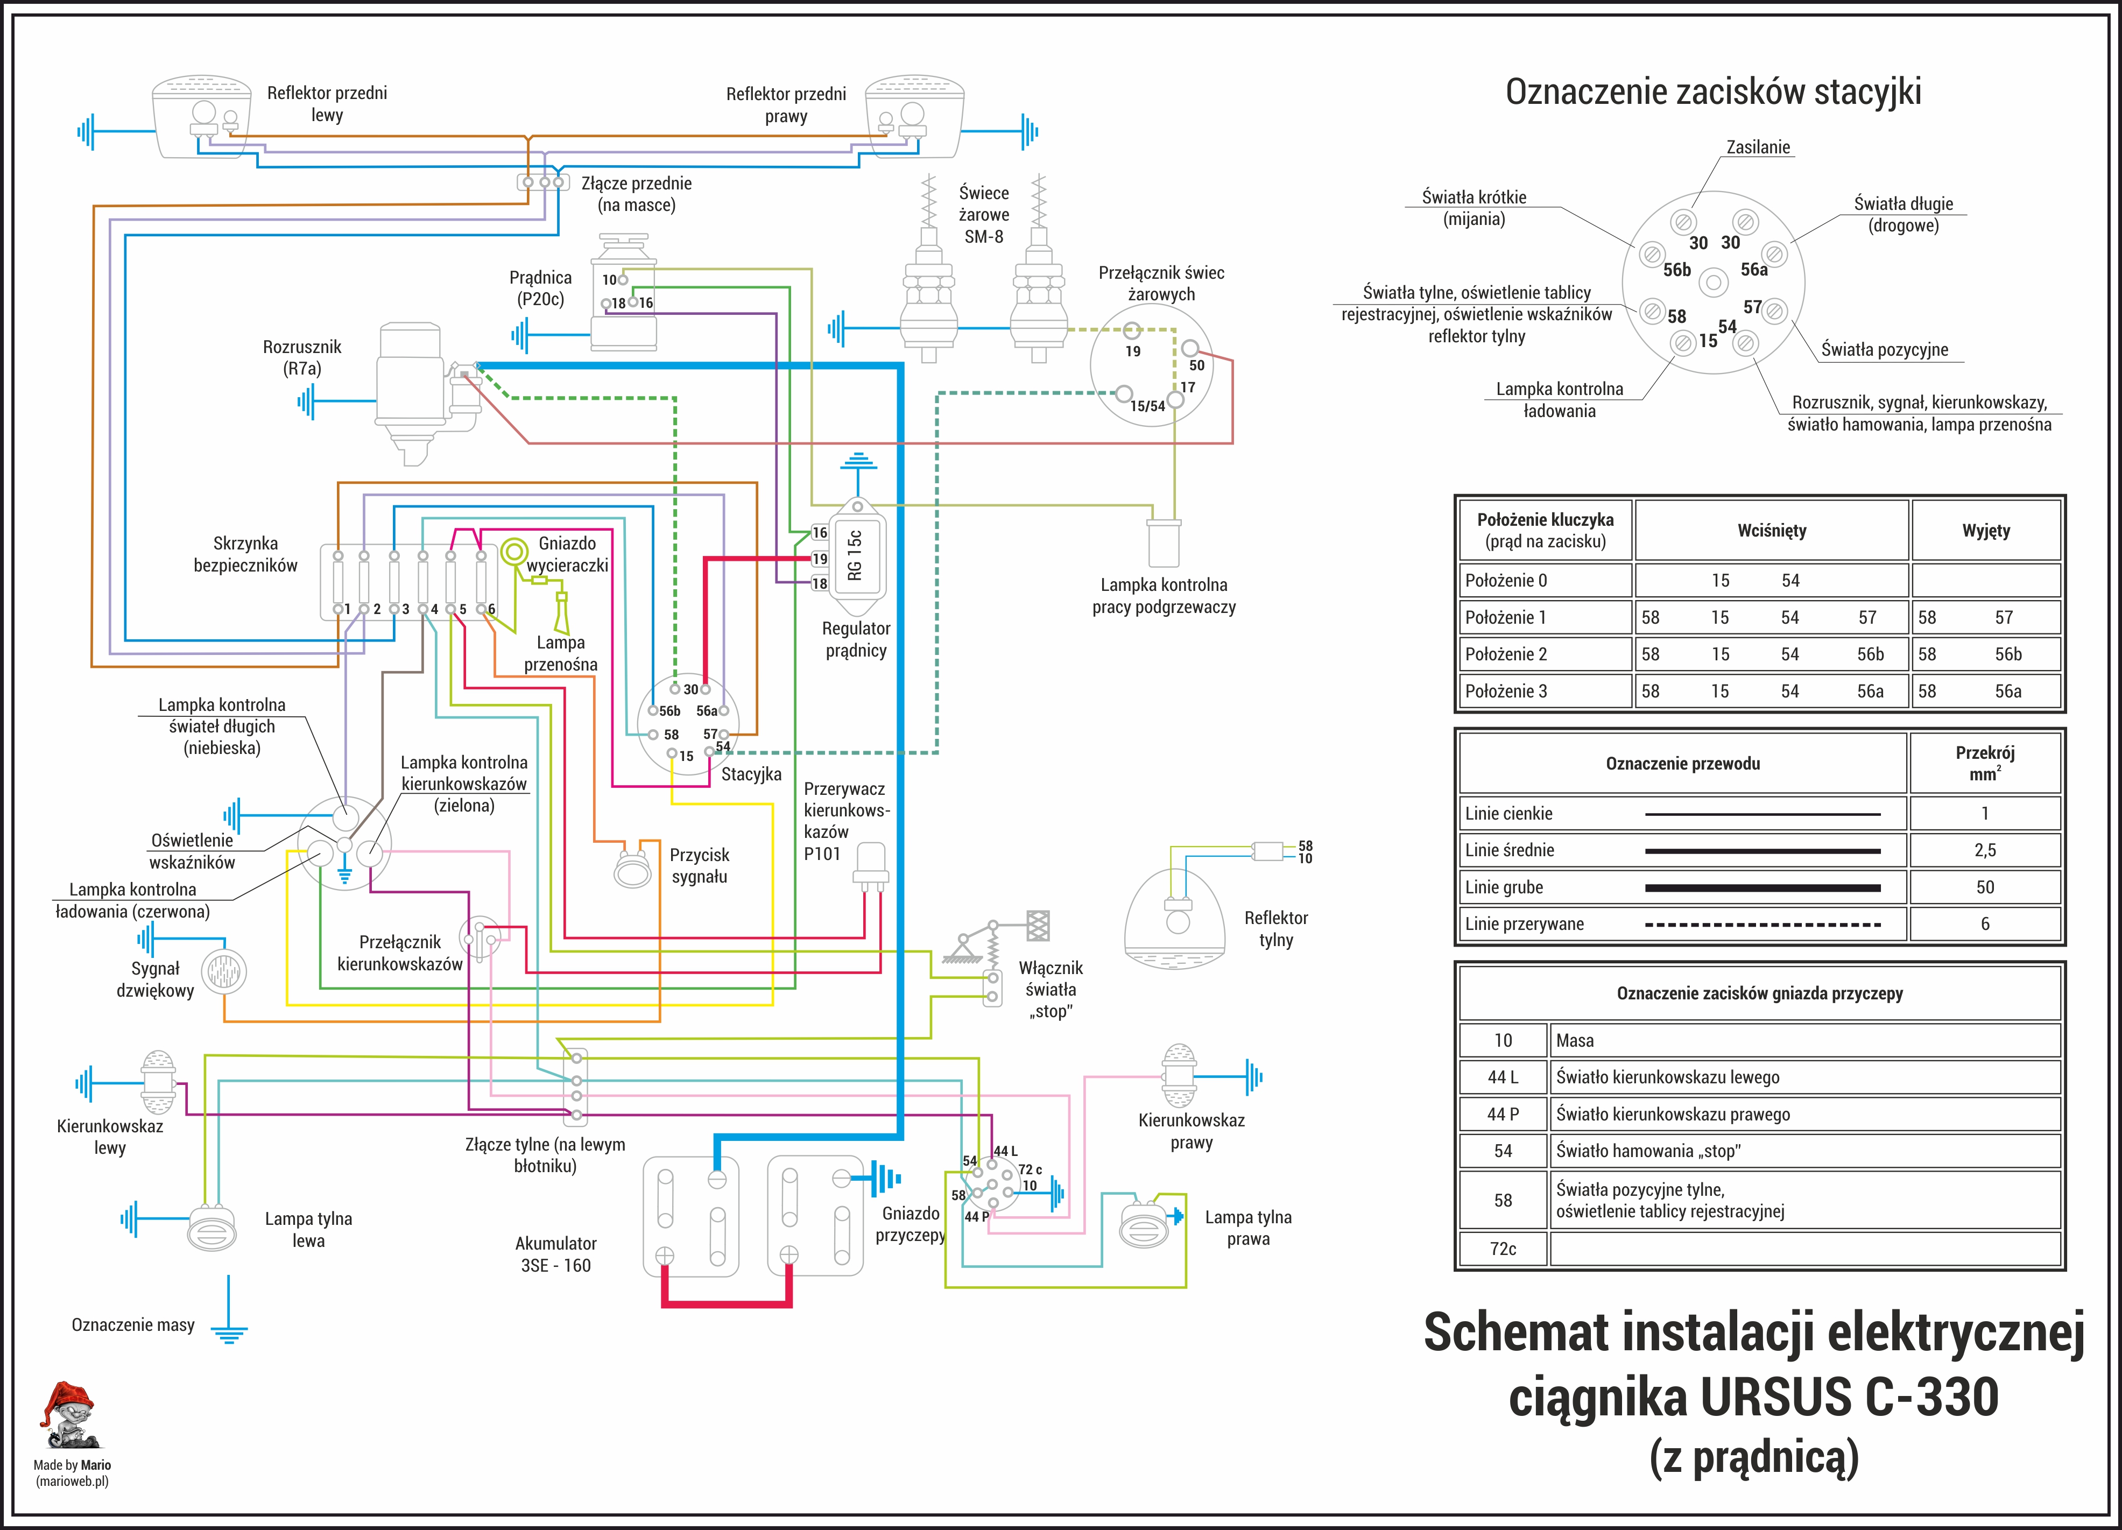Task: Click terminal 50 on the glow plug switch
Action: pyautogui.click(x=1190, y=348)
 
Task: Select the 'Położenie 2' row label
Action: pyautogui.click(x=1506, y=654)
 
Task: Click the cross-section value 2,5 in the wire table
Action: pyautogui.click(x=1984, y=850)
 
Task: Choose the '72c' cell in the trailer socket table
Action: pyautogui.click(x=1503, y=1249)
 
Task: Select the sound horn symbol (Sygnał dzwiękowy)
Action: pyautogui.click(x=224, y=972)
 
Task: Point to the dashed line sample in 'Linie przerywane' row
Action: pyautogui.click(x=1762, y=925)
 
